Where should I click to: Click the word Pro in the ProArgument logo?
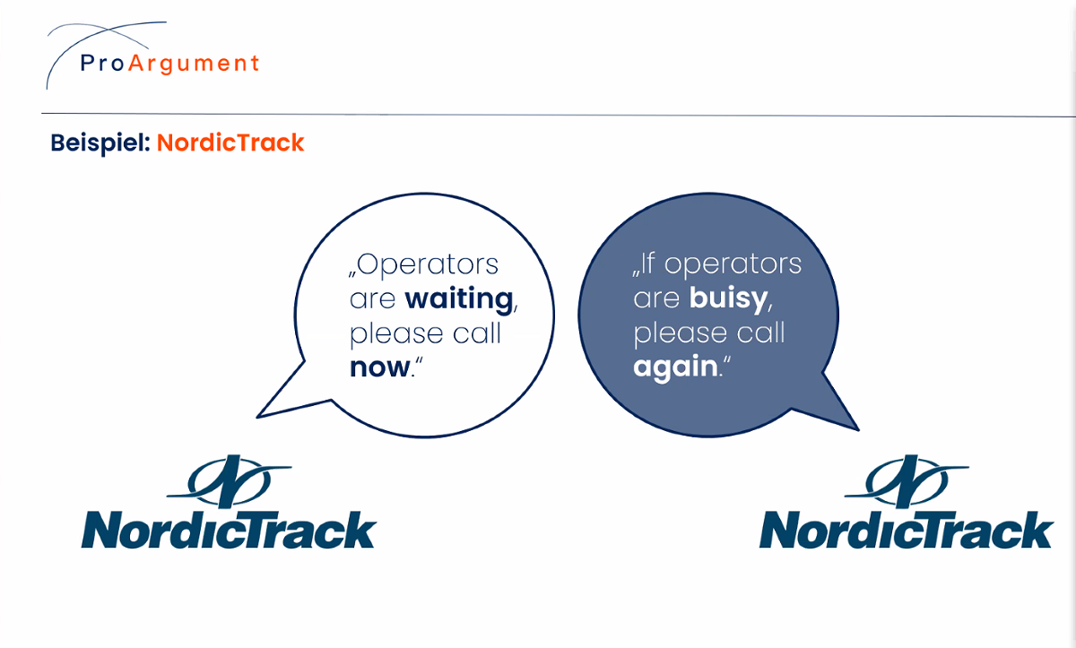pyautogui.click(x=102, y=64)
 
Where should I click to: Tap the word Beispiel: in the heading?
pyautogui.click(x=100, y=143)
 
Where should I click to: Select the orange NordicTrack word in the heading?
pyautogui.click(x=230, y=143)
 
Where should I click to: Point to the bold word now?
pyautogui.click(x=380, y=367)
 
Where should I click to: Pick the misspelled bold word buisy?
pyautogui.click(x=729, y=299)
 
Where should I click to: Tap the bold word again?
pyautogui.click(x=675, y=367)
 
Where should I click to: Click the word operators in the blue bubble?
pyautogui.click(x=733, y=265)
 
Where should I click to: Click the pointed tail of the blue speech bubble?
pyautogui.click(x=858, y=429)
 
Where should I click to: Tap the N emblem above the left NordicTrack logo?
pyautogui.click(x=230, y=481)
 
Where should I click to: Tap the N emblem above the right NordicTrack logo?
pyautogui.click(x=907, y=481)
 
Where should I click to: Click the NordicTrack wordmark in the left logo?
pyautogui.click(x=230, y=530)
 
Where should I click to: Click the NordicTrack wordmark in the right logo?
pyautogui.click(x=907, y=530)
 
